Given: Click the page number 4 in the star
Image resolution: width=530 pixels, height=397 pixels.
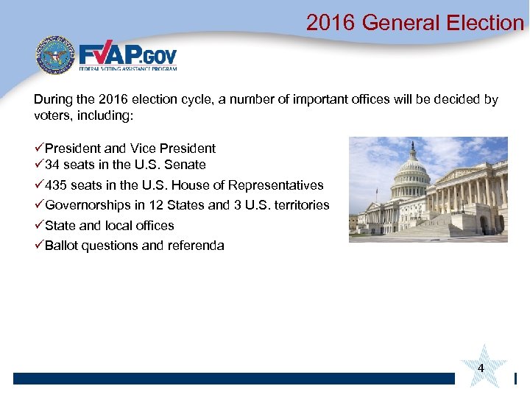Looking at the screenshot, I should (x=481, y=367).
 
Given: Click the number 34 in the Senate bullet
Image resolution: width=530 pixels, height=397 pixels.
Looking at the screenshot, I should (x=52, y=165).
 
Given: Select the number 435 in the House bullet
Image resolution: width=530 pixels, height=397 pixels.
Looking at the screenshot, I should (x=56, y=185).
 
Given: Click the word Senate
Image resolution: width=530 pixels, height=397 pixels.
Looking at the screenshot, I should (x=186, y=165).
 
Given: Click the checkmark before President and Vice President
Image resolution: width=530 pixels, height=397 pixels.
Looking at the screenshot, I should (x=38, y=148).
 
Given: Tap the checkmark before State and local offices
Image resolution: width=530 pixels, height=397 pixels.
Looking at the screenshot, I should (x=38, y=225).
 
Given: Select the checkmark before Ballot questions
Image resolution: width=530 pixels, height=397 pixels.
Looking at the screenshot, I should (x=38, y=246).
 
